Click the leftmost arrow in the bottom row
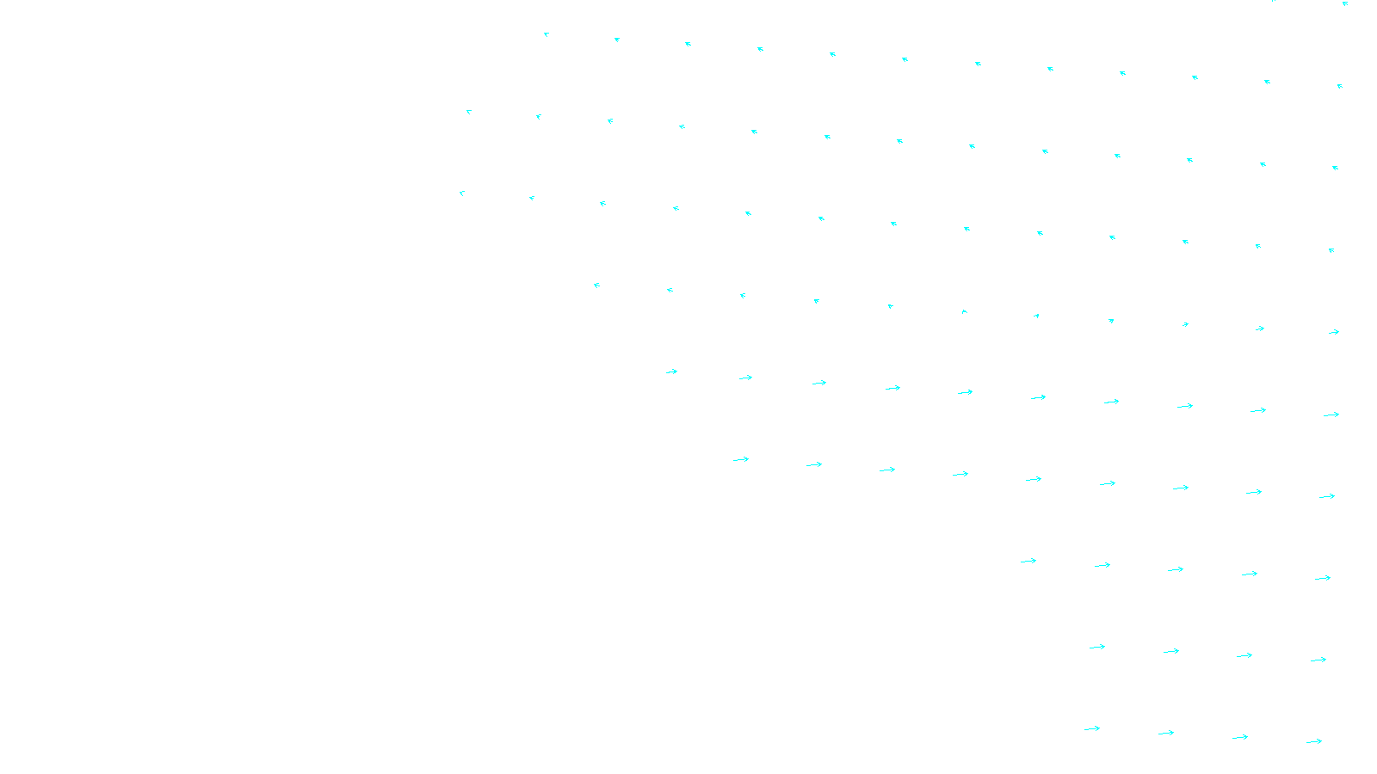pyautogui.click(x=1092, y=729)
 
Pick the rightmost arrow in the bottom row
pyautogui.click(x=1314, y=741)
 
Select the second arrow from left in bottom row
pyautogui.click(x=1166, y=734)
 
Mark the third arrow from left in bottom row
pyautogui.click(x=1240, y=737)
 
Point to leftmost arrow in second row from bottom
pyautogui.click(x=1097, y=647)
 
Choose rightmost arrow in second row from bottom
pyautogui.click(x=1318, y=660)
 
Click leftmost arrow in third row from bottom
pyautogui.click(x=1028, y=562)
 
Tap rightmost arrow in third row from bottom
pyautogui.click(x=1323, y=578)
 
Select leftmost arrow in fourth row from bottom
pyautogui.click(x=741, y=460)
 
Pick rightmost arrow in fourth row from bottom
pyautogui.click(x=1327, y=496)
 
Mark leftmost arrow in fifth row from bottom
pyautogui.click(x=672, y=372)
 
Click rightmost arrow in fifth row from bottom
pyautogui.click(x=1331, y=415)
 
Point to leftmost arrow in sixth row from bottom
pyautogui.click(x=596, y=285)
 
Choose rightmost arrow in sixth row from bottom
pyautogui.click(x=1334, y=332)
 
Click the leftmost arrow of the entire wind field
pyautogui.click(x=462, y=193)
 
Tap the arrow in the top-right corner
pyautogui.click(x=1345, y=3)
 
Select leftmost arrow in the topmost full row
pyautogui.click(x=546, y=34)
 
